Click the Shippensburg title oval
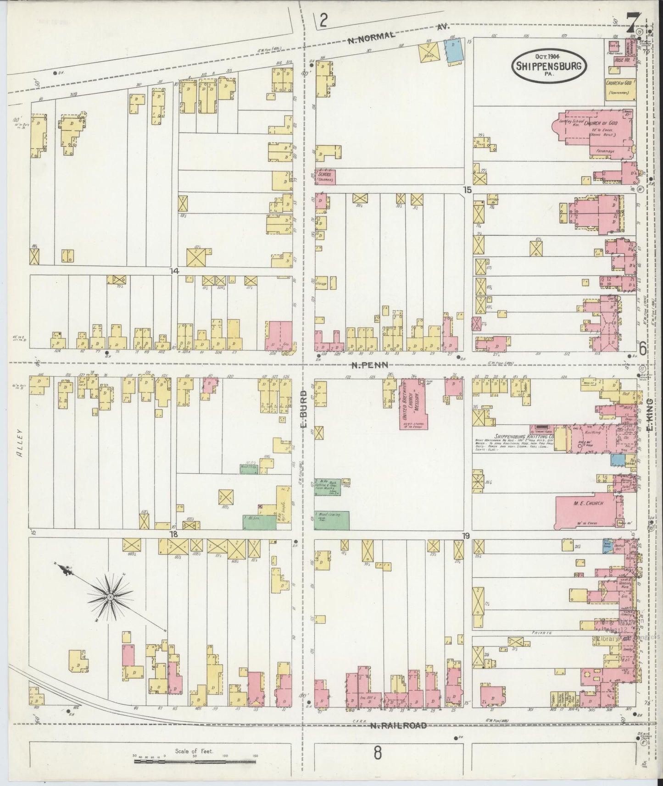(549, 66)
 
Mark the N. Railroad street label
(398, 725)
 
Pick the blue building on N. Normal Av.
(454, 50)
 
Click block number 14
(173, 271)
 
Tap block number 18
(173, 535)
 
